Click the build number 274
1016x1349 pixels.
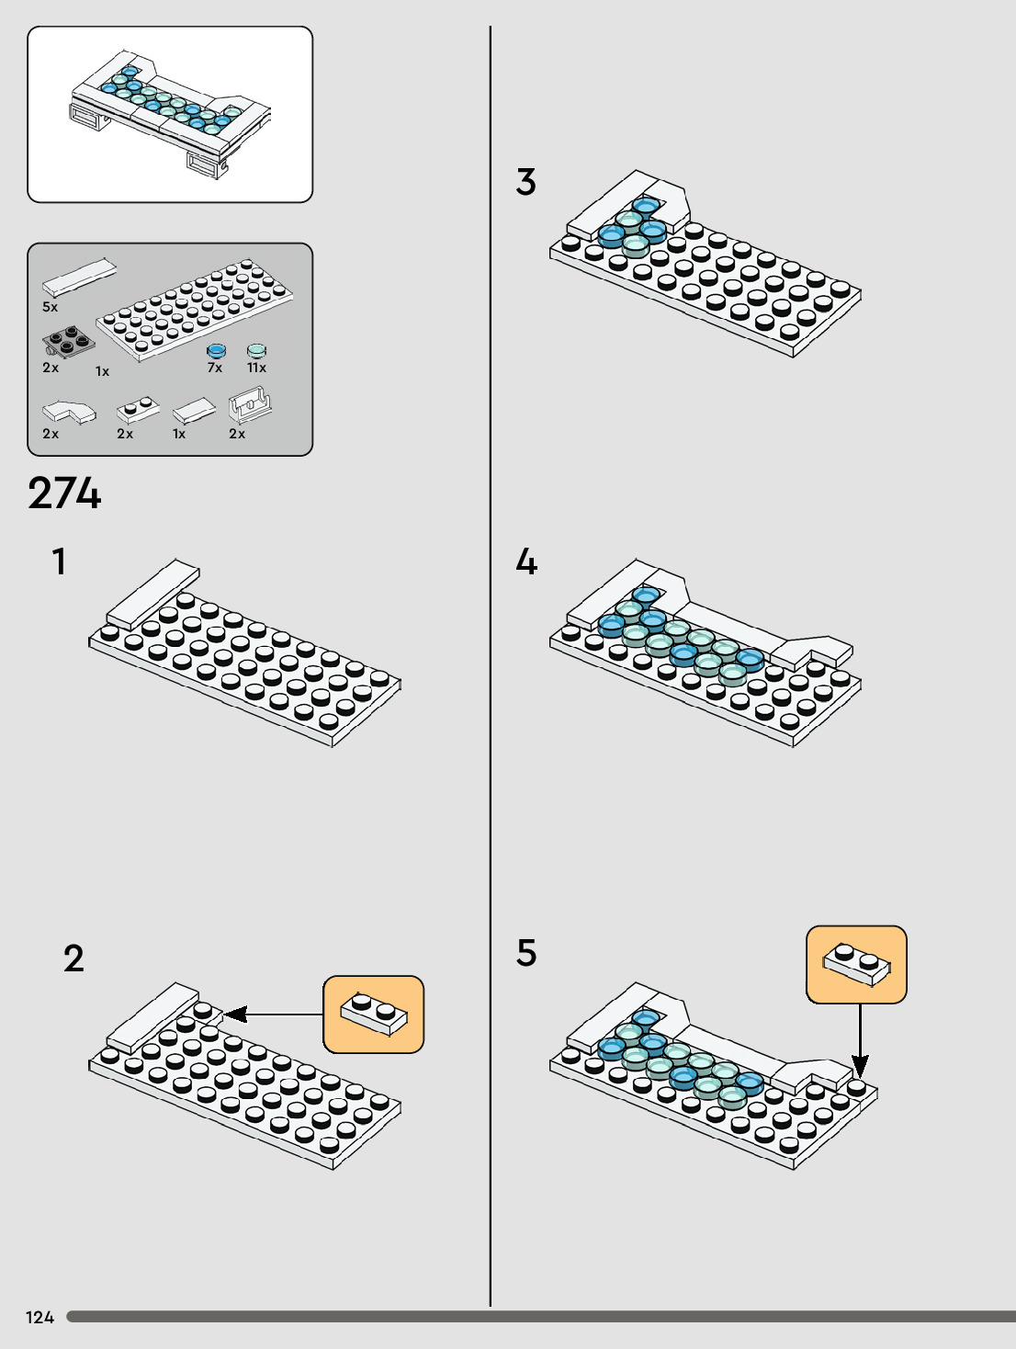(64, 493)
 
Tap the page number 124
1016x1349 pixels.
(40, 1317)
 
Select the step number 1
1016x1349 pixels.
(60, 561)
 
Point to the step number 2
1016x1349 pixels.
(73, 958)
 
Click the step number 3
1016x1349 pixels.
(525, 182)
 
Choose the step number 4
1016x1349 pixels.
(525, 561)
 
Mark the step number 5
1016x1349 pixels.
(525, 953)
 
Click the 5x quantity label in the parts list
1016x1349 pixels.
(50, 307)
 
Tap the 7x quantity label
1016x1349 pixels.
(215, 368)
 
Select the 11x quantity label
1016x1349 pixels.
(256, 368)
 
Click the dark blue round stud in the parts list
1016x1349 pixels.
(216, 350)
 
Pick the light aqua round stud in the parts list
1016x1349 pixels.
(256, 350)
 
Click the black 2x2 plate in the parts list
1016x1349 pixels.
(68, 343)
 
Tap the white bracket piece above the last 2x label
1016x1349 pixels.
(249, 404)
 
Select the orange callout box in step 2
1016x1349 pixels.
(374, 1015)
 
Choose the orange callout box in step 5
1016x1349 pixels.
(856, 965)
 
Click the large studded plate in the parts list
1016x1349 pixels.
(195, 309)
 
